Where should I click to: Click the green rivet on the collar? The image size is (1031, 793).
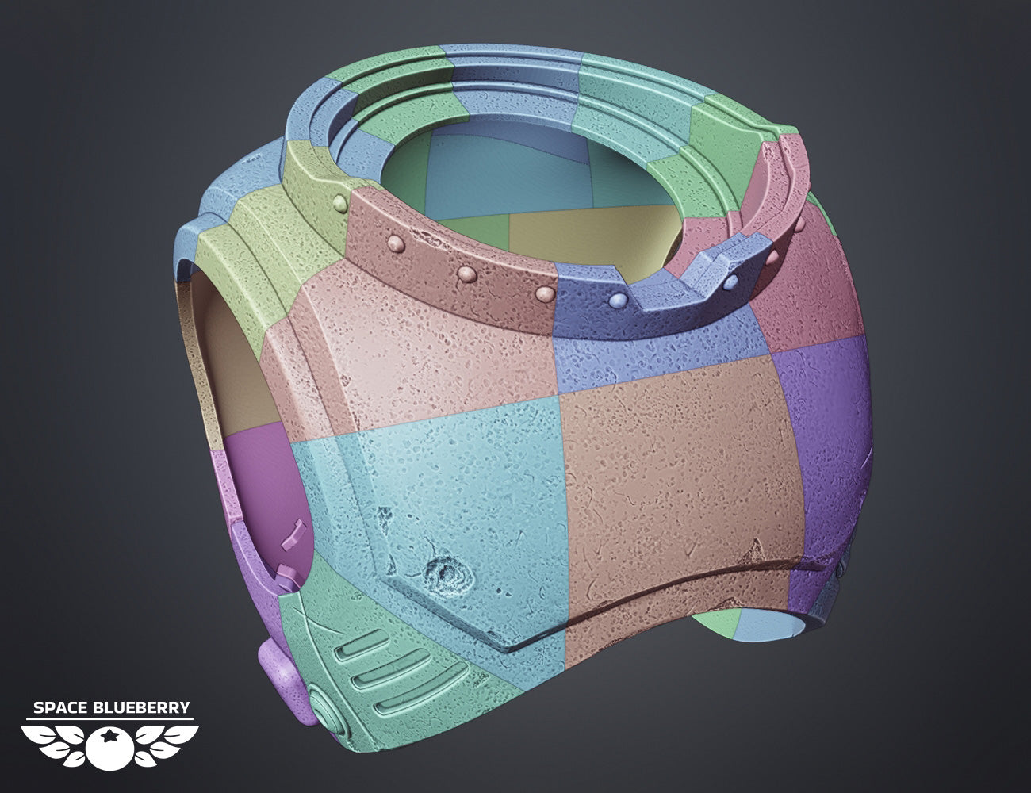click(x=340, y=204)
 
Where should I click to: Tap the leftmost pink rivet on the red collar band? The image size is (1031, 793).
click(x=396, y=243)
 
